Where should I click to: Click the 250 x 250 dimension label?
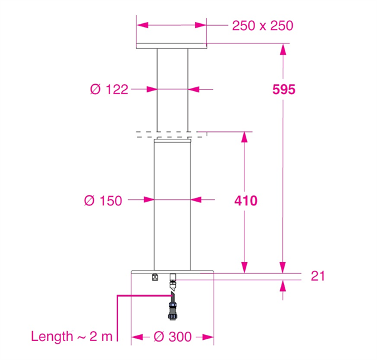(x=263, y=26)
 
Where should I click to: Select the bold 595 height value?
(x=284, y=90)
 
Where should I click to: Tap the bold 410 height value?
(x=246, y=201)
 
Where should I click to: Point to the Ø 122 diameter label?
(x=109, y=89)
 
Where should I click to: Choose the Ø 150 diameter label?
(x=103, y=200)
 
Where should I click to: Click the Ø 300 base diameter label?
(x=173, y=337)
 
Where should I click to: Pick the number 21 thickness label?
(x=317, y=276)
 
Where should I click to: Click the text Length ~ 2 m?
(x=72, y=336)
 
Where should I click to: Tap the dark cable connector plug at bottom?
(x=172, y=311)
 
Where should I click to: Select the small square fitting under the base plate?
(x=155, y=277)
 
